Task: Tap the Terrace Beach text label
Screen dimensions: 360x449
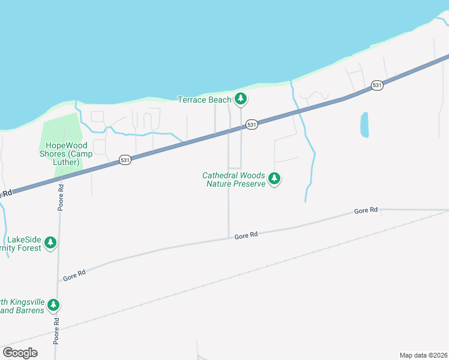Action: pyautogui.click(x=205, y=100)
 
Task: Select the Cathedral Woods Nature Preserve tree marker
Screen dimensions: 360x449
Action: pyautogui.click(x=274, y=179)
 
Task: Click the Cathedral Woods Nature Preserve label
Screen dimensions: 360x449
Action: pyautogui.click(x=234, y=179)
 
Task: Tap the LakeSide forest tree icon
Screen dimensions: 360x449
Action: pyautogui.click(x=51, y=243)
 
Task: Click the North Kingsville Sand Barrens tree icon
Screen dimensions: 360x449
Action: pyautogui.click(x=53, y=305)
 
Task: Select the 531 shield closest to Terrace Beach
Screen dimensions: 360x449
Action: pyautogui.click(x=252, y=125)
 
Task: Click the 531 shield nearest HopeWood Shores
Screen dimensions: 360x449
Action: pyautogui.click(x=125, y=160)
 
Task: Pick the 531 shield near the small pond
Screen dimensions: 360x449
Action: pyautogui.click(x=376, y=85)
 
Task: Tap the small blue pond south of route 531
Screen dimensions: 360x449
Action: pyautogui.click(x=364, y=125)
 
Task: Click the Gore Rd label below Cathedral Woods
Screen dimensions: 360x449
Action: pyautogui.click(x=246, y=236)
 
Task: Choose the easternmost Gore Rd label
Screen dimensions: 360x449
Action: pyautogui.click(x=366, y=211)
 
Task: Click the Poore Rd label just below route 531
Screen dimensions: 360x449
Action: pyautogui.click(x=61, y=197)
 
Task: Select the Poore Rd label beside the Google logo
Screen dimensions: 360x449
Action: pyautogui.click(x=56, y=331)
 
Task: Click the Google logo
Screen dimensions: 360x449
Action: pyautogui.click(x=20, y=353)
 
